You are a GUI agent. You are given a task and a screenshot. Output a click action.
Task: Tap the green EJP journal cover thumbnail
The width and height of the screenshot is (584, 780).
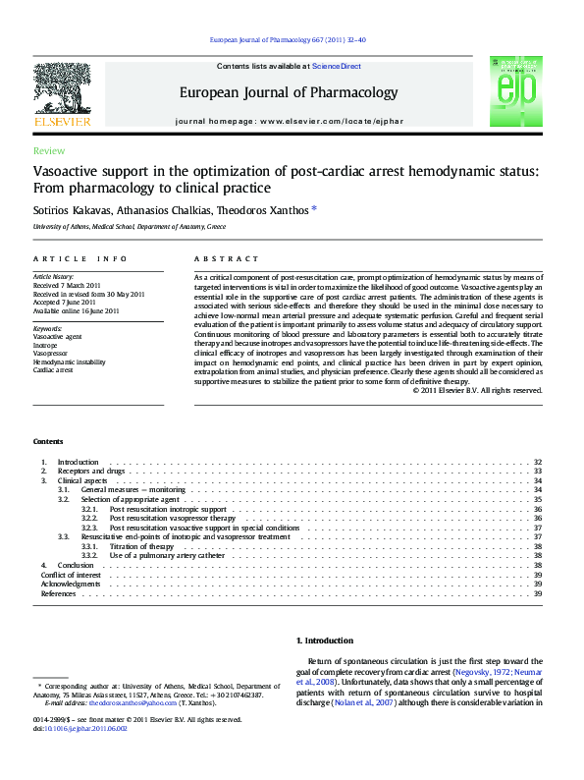click(x=515, y=90)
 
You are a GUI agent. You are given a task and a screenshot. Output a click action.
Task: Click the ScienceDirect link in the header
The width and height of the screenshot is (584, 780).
click(x=337, y=67)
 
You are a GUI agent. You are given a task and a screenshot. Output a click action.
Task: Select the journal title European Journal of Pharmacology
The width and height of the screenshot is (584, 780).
click(x=288, y=93)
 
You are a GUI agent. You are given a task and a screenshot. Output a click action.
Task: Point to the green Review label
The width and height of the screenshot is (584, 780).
click(x=49, y=151)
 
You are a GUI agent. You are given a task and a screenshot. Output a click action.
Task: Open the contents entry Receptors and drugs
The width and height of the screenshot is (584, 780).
click(x=89, y=472)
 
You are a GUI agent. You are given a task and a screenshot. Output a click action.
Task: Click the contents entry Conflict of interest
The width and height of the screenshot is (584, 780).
click(x=72, y=575)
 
